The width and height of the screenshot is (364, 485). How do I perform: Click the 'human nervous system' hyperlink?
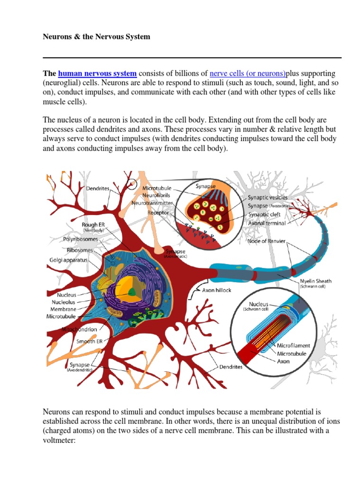(x=97, y=73)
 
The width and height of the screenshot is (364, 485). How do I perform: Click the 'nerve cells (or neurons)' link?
(x=248, y=73)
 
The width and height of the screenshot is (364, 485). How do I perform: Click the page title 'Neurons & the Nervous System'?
(x=97, y=36)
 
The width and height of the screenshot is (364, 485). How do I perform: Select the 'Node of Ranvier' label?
(x=266, y=241)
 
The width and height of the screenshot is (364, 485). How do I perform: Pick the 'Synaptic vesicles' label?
(x=267, y=197)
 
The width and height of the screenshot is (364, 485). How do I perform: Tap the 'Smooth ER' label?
(x=90, y=341)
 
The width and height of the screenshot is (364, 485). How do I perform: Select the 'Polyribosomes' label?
(x=82, y=240)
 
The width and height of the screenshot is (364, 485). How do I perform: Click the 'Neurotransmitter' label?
(x=152, y=203)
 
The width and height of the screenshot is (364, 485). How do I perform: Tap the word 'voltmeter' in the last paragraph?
(x=59, y=440)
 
